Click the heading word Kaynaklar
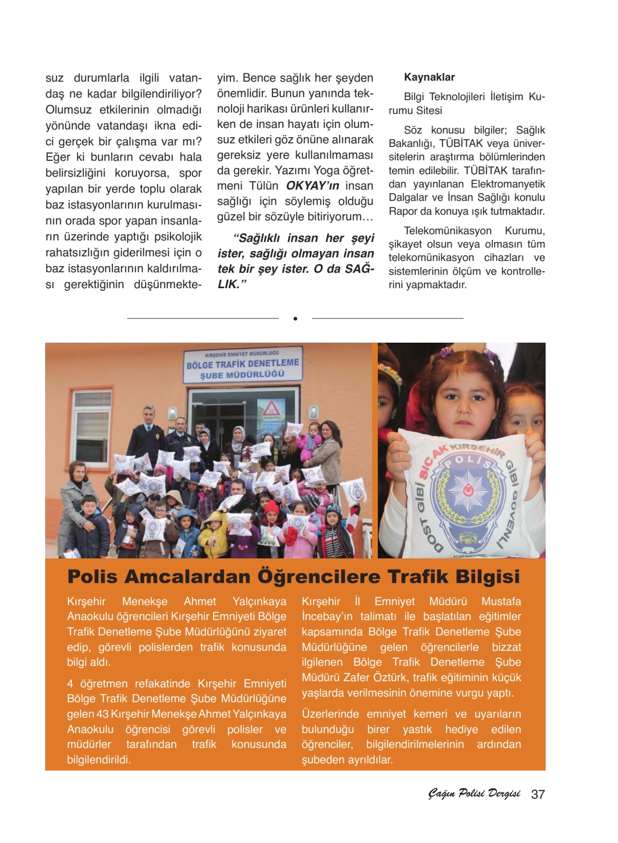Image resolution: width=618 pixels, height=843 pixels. (429, 78)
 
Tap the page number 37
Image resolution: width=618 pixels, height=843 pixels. (537, 794)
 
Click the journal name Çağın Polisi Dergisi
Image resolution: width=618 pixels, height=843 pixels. (474, 794)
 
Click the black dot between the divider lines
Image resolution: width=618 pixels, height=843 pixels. (295, 319)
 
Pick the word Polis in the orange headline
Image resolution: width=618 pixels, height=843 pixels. (92, 576)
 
